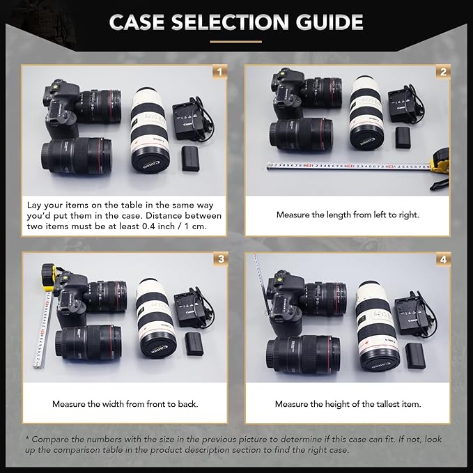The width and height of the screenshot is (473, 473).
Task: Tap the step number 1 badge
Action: [220, 72]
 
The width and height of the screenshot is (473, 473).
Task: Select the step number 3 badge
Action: [220, 259]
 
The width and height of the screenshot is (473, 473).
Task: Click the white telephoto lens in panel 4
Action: [378, 325]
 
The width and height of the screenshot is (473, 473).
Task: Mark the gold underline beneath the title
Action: [235, 41]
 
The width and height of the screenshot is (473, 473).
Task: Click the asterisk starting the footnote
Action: [27, 439]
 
